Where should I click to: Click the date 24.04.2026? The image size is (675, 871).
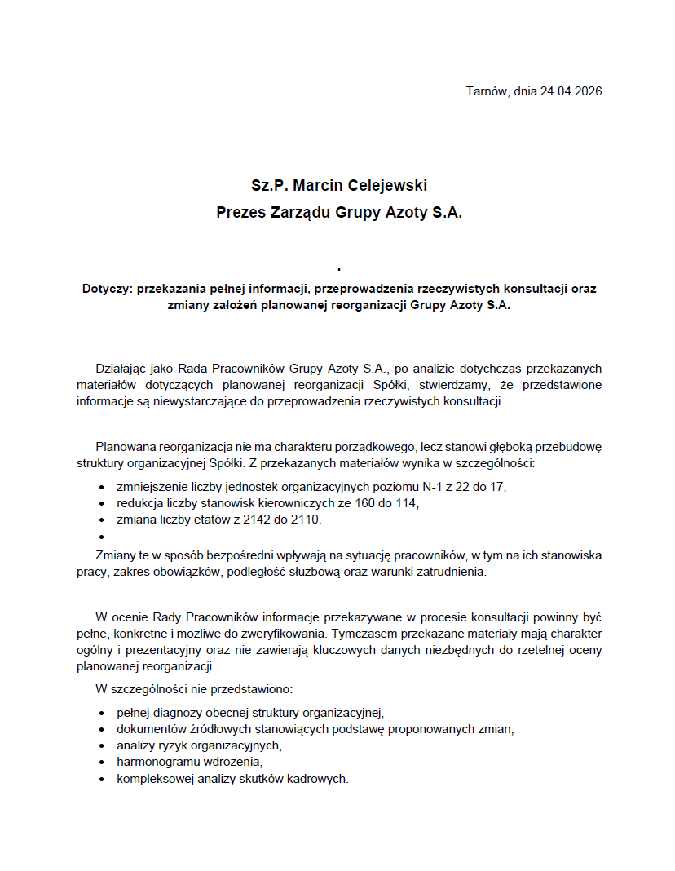coord(571,91)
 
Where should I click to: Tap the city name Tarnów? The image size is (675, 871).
coord(487,91)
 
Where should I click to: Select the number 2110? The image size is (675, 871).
coord(307,520)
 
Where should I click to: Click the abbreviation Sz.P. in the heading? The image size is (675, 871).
coord(270,186)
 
